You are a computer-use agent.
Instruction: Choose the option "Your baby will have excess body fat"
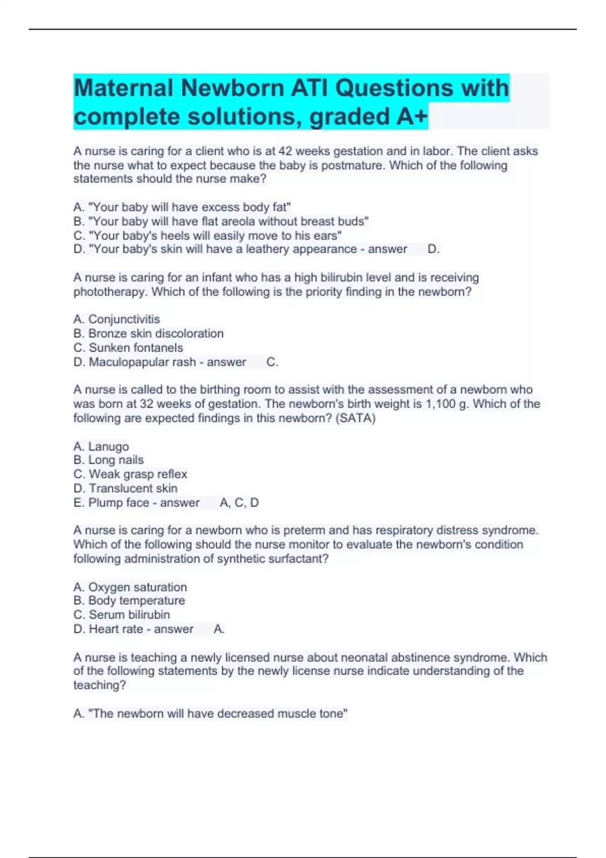182,207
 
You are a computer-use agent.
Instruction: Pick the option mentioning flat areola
221,221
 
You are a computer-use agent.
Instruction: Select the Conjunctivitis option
117,319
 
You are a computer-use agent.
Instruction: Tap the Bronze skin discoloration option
148,333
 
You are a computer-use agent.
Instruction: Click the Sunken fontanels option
128,347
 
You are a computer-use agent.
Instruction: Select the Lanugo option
101,446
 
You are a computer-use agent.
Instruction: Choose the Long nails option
109,460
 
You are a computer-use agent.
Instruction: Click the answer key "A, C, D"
239,503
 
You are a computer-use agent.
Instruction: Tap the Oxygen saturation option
130,587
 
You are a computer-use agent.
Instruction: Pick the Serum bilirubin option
122,615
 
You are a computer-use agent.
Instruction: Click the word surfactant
298,559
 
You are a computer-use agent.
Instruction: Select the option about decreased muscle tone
211,713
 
